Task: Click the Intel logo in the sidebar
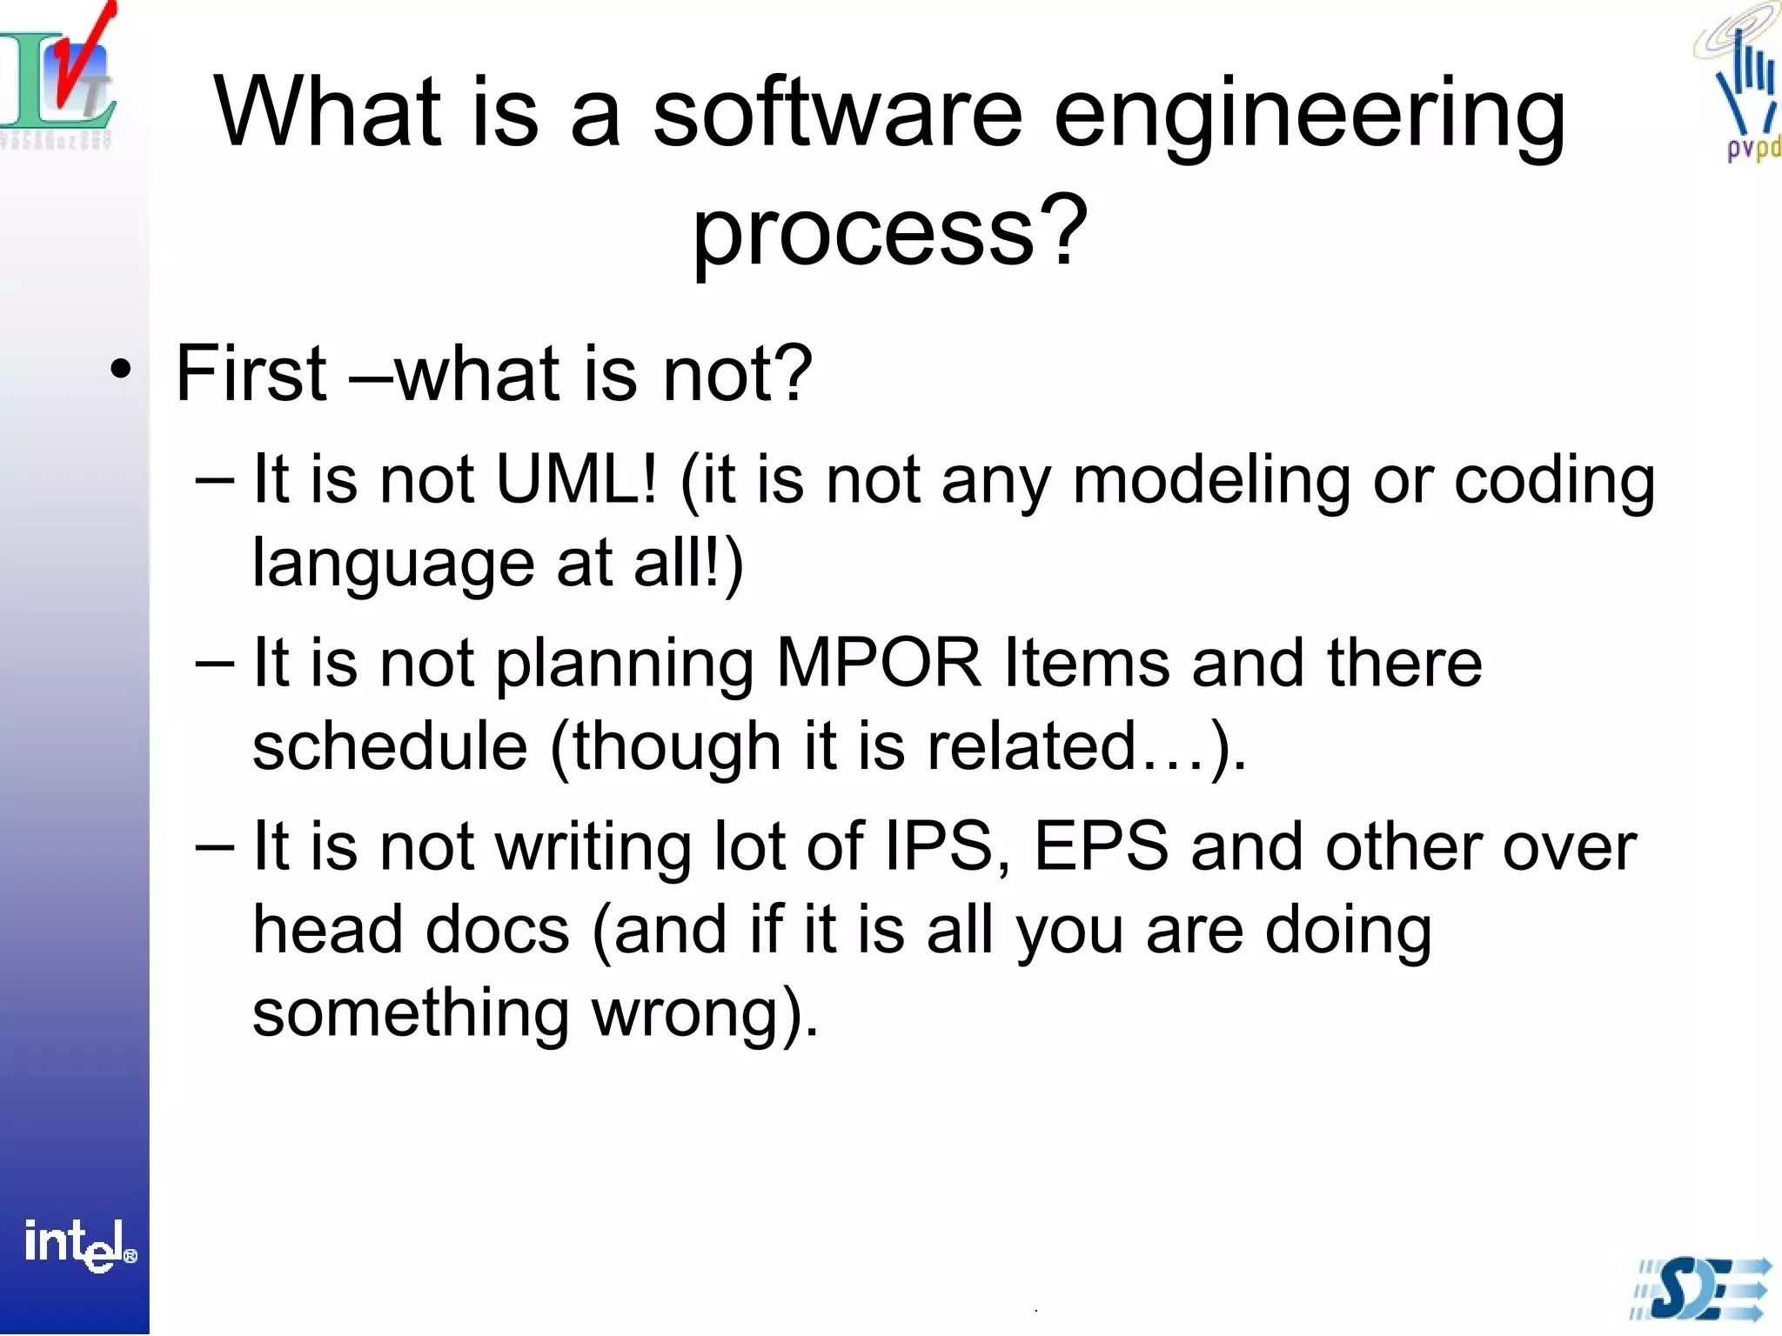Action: click(x=78, y=1244)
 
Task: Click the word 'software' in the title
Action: click(x=837, y=113)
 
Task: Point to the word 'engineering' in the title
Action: click(x=1309, y=117)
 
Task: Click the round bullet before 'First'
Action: click(x=121, y=370)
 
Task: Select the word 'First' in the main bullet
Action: click(x=251, y=374)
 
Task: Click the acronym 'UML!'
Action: click(x=576, y=480)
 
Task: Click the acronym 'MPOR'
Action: click(x=878, y=664)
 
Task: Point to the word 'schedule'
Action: click(x=389, y=746)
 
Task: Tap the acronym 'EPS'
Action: click(x=1101, y=847)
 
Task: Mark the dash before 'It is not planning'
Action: click(x=214, y=664)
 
